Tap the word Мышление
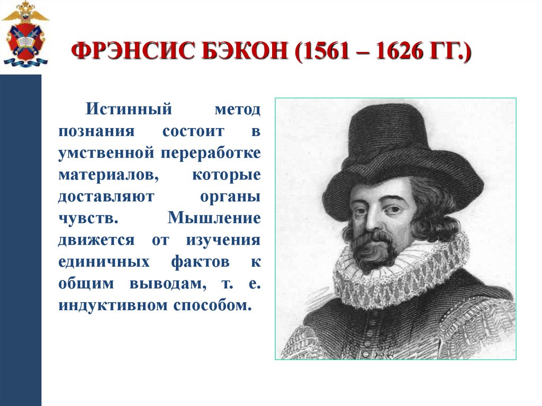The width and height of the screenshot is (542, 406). [x=214, y=218]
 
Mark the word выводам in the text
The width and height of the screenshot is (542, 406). [x=168, y=284]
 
